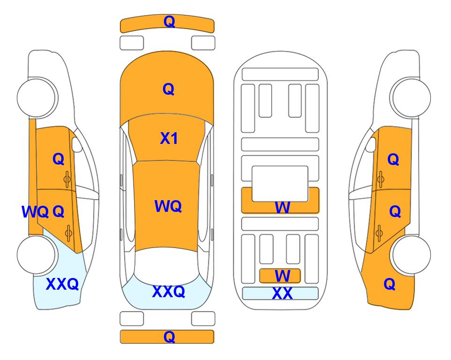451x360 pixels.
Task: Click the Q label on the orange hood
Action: pyautogui.click(x=169, y=89)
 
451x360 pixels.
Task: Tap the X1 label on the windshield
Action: pyautogui.click(x=169, y=138)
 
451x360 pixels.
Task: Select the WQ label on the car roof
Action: pyautogui.click(x=168, y=206)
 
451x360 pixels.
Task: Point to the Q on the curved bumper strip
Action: pyautogui.click(x=169, y=22)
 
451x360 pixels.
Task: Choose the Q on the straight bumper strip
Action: pyautogui.click(x=169, y=337)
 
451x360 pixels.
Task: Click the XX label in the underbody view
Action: pyautogui.click(x=282, y=293)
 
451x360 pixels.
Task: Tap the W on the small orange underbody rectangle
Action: pyautogui.click(x=282, y=276)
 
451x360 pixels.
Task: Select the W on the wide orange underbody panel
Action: pyautogui.click(x=282, y=207)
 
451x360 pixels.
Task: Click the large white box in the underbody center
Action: pyautogui.click(x=280, y=184)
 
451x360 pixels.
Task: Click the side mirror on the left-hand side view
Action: pyautogui.click(x=76, y=144)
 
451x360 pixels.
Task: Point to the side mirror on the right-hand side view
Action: pyautogui.click(x=370, y=144)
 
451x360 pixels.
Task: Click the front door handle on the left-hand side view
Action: pyautogui.click(x=67, y=180)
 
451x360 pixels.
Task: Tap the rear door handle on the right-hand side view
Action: pyautogui.click(x=379, y=233)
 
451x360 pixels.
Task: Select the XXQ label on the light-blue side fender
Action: pyautogui.click(x=62, y=284)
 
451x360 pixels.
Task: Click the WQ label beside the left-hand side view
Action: pyautogui.click(x=35, y=212)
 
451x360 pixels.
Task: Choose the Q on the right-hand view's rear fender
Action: pyautogui.click(x=390, y=284)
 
